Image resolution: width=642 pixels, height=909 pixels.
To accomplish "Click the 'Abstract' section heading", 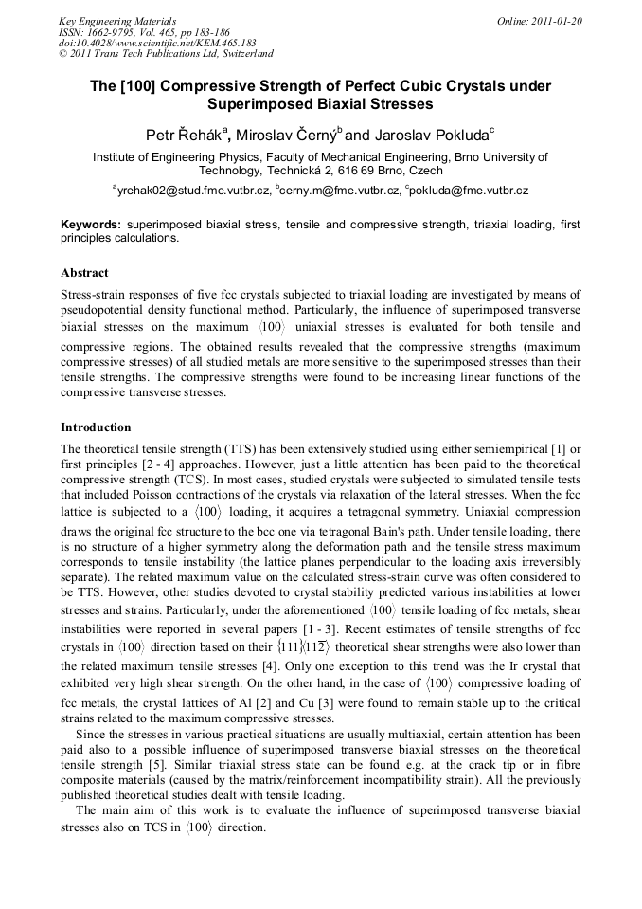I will [x=84, y=273].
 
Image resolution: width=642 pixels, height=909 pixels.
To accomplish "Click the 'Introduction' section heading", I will [x=96, y=427].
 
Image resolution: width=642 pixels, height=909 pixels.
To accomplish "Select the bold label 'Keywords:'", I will [x=91, y=225].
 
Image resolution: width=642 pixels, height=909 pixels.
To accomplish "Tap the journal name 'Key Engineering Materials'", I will [x=117, y=20].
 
